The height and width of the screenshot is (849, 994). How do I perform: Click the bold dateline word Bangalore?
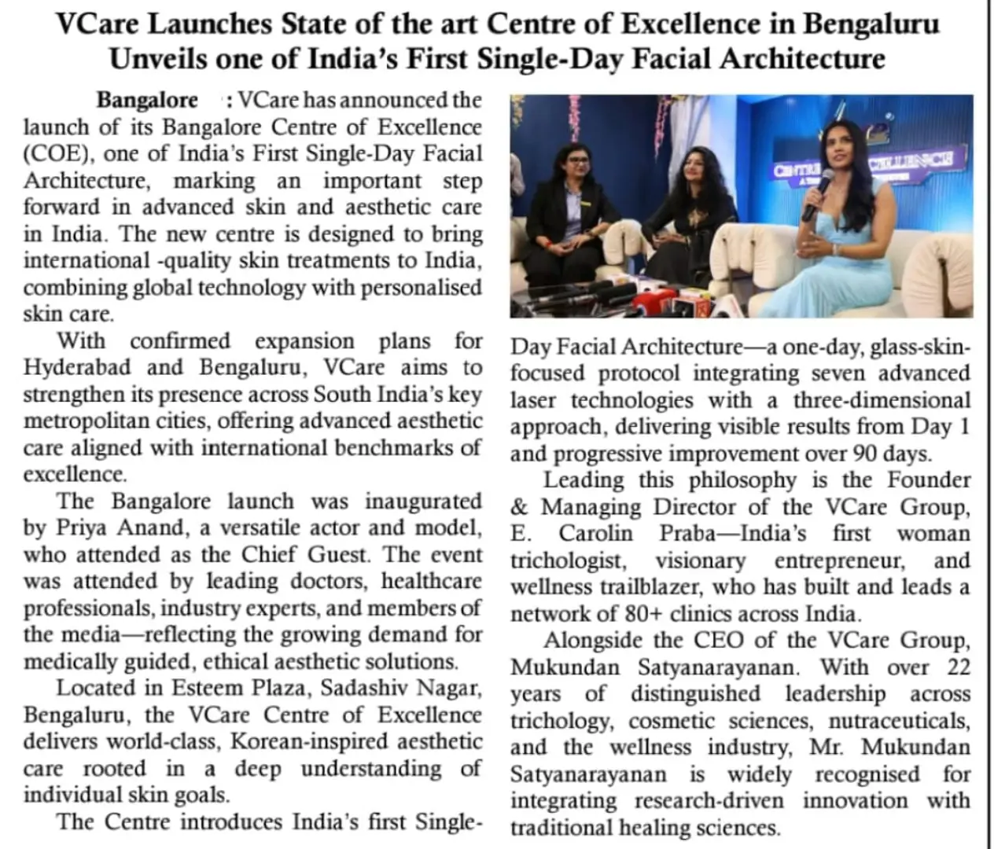[x=147, y=101]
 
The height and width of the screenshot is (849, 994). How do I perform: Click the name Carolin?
[x=595, y=534]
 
